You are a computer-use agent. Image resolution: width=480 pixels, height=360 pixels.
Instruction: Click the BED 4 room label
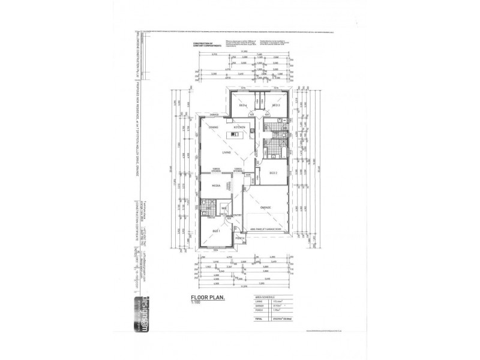tap(244, 106)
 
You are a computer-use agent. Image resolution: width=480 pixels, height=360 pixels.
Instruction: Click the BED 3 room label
tap(277, 106)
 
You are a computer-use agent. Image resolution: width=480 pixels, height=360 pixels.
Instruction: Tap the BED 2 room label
tap(273, 173)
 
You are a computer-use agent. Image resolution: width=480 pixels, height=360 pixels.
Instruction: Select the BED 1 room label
tap(217, 230)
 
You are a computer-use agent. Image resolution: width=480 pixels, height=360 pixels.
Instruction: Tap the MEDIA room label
tap(215, 186)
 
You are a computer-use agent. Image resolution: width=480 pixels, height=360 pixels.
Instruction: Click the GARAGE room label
tap(266, 208)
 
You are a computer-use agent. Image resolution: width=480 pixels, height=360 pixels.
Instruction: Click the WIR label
tap(223, 209)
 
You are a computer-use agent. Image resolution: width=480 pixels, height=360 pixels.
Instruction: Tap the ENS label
tap(208, 208)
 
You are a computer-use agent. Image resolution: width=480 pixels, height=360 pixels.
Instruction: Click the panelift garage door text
tap(264, 229)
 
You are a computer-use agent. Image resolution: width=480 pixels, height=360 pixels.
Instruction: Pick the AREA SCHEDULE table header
tap(263, 296)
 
